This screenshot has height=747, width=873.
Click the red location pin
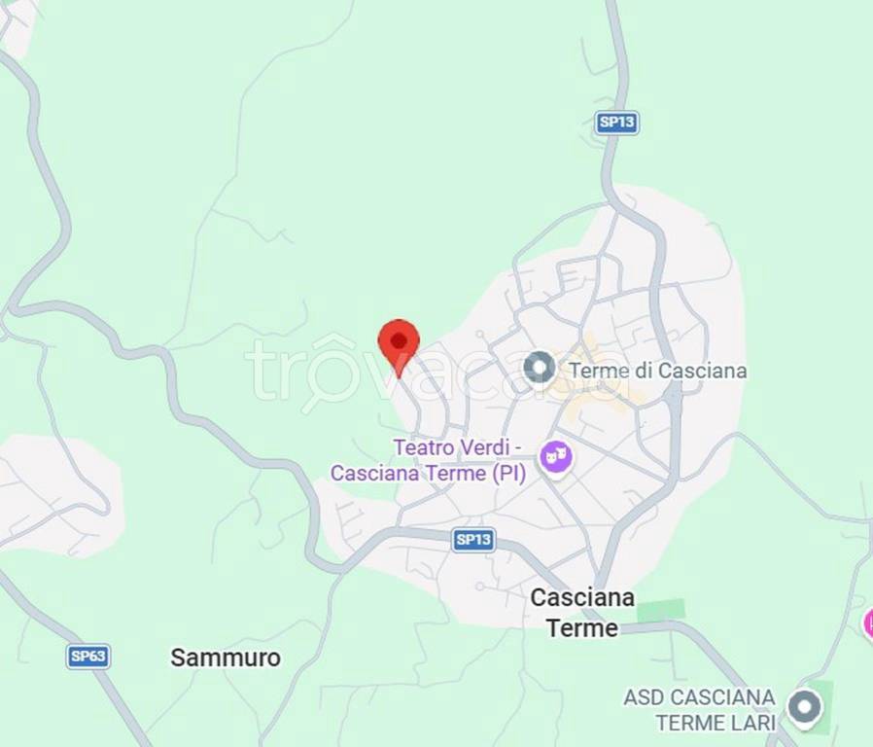399,342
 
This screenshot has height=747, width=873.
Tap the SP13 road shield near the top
616,122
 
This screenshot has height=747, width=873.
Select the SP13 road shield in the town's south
473,540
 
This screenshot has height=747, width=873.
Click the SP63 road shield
88,656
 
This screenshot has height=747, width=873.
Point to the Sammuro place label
226,658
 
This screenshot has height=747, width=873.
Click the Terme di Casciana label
657,371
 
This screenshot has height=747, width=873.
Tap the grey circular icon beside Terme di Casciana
539,368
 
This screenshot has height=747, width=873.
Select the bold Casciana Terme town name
582,613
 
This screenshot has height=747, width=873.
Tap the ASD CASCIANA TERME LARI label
699,710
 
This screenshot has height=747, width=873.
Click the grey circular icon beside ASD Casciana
804,707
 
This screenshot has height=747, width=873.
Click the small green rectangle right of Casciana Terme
661,610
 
